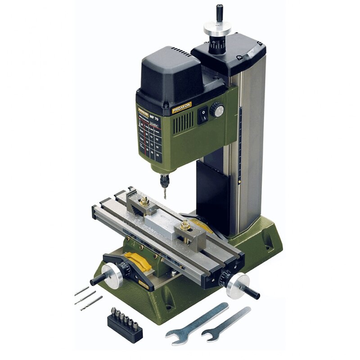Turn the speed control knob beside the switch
pyautogui.click(x=218, y=109)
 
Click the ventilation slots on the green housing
pyautogui.click(x=184, y=121)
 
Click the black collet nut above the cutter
pyautogui.click(x=163, y=179)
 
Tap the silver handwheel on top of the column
pyautogui.click(x=217, y=28)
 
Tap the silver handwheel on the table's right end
pyautogui.click(x=237, y=285)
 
